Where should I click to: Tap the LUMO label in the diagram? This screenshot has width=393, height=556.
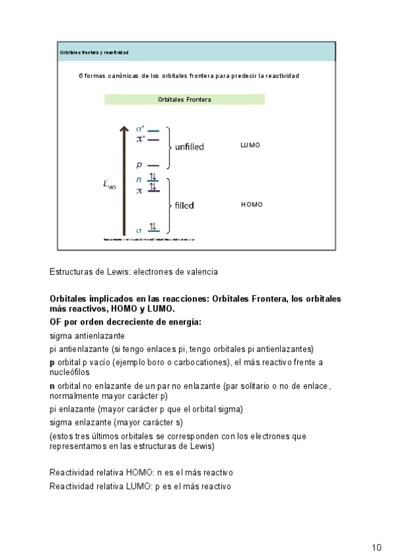tap(250, 145)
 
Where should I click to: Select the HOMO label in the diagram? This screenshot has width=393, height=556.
tap(251, 205)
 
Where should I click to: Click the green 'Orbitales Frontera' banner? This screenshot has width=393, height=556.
tap(184, 100)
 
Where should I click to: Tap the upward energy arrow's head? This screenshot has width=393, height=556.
tap(123, 129)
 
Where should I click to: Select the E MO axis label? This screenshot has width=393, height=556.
tap(109, 185)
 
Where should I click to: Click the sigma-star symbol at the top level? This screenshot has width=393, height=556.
tap(140, 129)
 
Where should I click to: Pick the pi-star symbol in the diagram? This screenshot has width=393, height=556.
tap(140, 138)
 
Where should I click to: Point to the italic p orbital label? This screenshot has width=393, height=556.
tap(139, 165)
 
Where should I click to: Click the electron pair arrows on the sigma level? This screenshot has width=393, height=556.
tap(153, 227)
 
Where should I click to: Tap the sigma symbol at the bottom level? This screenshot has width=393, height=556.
tap(138, 230)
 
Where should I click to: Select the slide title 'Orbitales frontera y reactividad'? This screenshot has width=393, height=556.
tap(94, 52)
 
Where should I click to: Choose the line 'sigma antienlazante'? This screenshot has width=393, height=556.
tap(87, 336)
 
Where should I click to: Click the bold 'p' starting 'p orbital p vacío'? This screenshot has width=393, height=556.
tap(52, 363)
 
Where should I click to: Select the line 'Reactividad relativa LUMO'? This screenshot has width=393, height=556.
tap(140, 486)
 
